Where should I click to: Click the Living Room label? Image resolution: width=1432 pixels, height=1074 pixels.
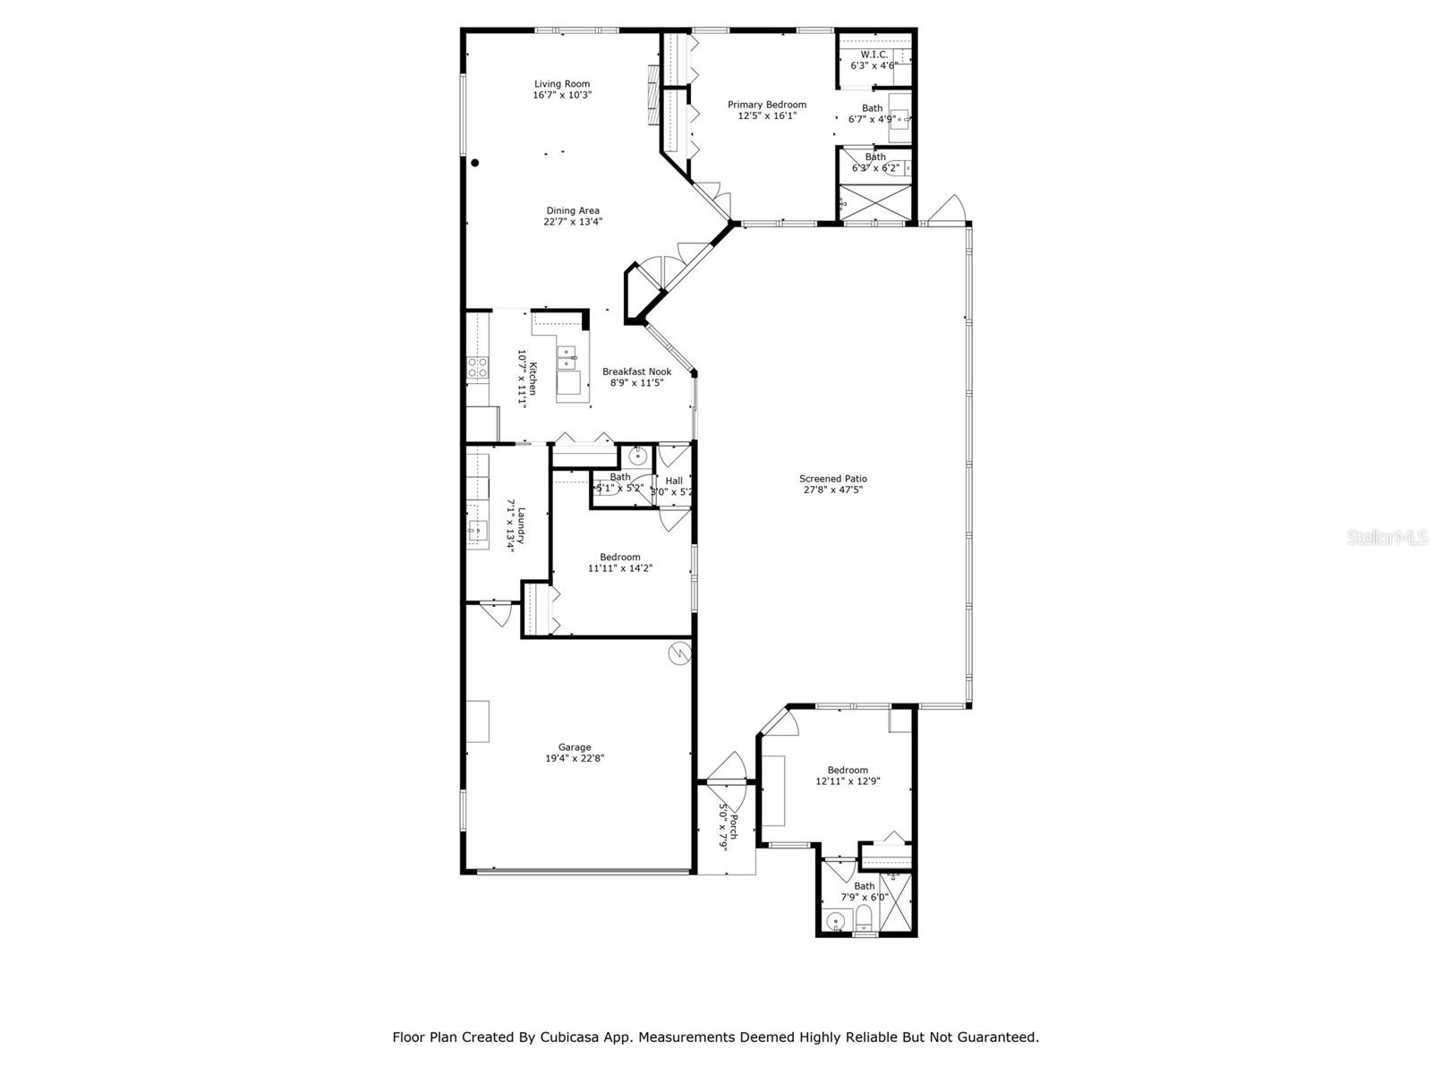(562, 84)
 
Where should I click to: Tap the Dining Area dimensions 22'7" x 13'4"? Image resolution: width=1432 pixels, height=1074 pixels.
(573, 222)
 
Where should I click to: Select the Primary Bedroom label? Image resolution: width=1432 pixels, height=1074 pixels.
(766, 105)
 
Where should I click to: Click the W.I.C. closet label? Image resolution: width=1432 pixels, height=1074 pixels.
(874, 55)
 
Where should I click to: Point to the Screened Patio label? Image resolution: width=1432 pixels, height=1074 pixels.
(832, 479)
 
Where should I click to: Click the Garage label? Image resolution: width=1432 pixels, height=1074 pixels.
(575, 747)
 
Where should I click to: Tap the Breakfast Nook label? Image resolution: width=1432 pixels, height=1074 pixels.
(636, 371)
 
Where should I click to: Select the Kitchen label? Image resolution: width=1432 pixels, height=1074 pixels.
(533, 379)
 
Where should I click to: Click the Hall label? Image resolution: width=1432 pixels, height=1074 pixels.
(674, 481)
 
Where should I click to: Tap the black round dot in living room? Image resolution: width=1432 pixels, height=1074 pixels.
(475, 163)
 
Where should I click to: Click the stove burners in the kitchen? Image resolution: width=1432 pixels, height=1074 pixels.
(477, 366)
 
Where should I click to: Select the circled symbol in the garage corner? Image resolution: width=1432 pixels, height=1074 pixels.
(679, 653)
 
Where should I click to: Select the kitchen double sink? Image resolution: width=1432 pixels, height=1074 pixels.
(566, 359)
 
